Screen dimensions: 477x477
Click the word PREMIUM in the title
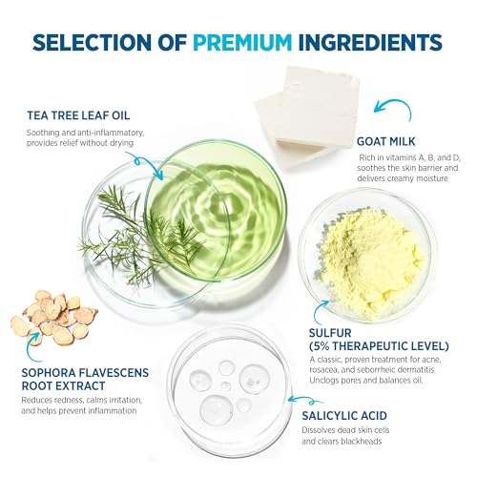[x=242, y=43]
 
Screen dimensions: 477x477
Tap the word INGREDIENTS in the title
[x=370, y=43]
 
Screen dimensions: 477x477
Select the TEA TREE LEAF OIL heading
[x=78, y=115]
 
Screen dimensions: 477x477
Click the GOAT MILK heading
[x=386, y=141]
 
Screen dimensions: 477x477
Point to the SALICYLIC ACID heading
[x=344, y=416]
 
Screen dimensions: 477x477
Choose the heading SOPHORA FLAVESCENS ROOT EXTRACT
[x=85, y=379]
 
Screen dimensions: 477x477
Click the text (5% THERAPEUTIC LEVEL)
[x=379, y=346]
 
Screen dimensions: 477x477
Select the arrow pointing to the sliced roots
[x=30, y=348]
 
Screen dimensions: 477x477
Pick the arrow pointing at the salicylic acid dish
[x=303, y=400]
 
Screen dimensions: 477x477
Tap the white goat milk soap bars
[x=308, y=116]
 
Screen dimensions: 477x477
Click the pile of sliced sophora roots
[x=54, y=318]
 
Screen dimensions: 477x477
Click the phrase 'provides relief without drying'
[x=80, y=143]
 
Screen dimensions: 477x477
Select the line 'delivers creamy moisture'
[x=403, y=178]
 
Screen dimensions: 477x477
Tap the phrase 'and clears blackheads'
[x=342, y=442]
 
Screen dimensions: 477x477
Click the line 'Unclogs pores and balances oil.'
[x=366, y=381]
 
